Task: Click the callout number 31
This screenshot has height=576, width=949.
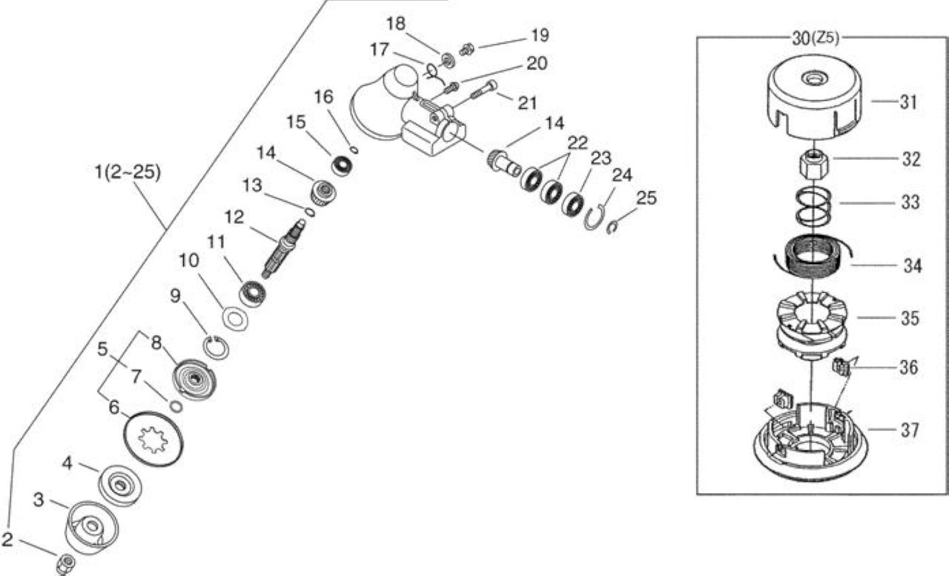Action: pos(908,102)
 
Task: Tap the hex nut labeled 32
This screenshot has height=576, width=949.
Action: pos(814,167)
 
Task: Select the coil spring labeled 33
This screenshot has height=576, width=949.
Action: pos(813,208)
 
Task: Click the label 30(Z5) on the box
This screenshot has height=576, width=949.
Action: pos(815,39)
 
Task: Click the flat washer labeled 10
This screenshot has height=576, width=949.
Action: pos(235,319)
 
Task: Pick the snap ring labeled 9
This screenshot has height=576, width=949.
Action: pos(216,347)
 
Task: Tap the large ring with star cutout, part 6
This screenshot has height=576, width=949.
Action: pos(153,440)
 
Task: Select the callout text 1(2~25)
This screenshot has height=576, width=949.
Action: pos(127,173)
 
